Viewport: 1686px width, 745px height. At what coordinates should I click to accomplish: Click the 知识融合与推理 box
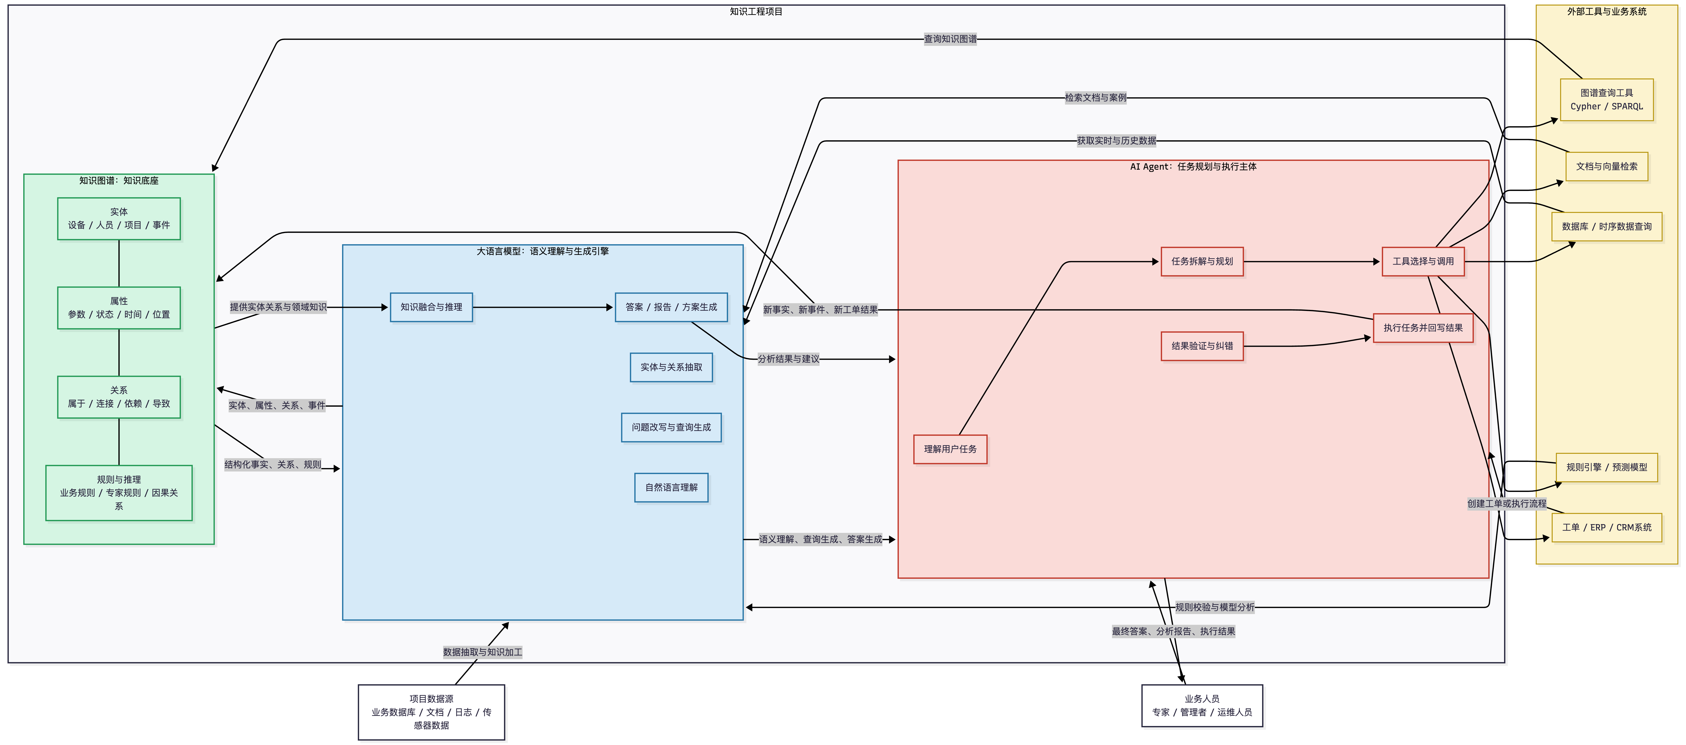tap(431, 307)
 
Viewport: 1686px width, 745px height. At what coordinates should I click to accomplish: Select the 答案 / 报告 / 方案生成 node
tap(671, 307)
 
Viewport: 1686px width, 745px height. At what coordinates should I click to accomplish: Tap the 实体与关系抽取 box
tap(671, 367)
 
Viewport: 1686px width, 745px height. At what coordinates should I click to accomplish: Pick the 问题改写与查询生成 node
tap(671, 427)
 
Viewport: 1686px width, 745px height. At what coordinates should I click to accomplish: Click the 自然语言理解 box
tap(671, 488)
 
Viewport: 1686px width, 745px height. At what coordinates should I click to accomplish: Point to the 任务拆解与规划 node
tap(1202, 261)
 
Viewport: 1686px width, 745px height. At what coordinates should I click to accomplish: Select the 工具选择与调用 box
tap(1423, 261)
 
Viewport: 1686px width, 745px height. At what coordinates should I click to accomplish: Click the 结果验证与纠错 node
tap(1202, 346)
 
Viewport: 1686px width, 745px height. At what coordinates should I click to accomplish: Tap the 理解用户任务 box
tap(950, 449)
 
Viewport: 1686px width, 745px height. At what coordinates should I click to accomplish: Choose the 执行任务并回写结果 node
tap(1423, 328)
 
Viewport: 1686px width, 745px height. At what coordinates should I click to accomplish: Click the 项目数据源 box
tap(431, 712)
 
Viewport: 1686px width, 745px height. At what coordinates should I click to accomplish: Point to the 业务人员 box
tap(1202, 706)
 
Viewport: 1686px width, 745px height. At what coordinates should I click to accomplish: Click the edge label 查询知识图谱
tap(950, 39)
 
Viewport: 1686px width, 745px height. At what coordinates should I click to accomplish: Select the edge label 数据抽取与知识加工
tap(482, 652)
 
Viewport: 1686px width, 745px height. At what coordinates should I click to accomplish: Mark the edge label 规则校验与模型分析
tap(1215, 607)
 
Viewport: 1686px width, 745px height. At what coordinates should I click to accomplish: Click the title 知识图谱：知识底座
tap(119, 181)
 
